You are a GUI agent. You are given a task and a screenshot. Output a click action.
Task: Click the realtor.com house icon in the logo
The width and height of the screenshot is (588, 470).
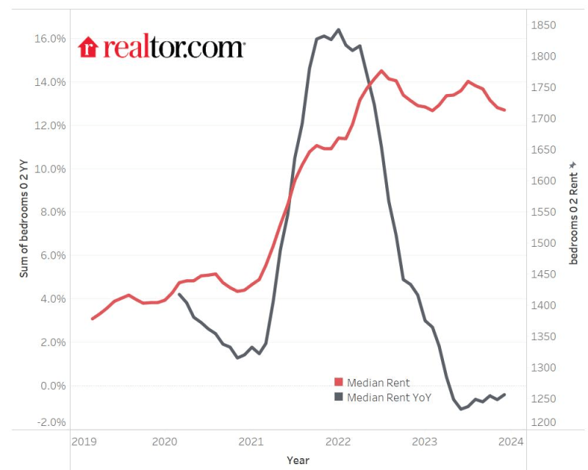[88, 47]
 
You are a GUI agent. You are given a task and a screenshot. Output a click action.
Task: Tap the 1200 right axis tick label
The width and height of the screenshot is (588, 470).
[542, 423]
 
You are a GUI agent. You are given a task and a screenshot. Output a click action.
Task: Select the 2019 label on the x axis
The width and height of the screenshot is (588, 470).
[84, 441]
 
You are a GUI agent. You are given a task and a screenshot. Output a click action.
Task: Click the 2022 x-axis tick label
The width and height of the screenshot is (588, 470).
[338, 441]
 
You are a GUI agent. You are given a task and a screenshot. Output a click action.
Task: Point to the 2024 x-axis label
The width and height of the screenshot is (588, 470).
[510, 441]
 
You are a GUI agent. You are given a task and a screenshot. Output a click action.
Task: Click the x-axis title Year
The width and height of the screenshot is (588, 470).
[298, 460]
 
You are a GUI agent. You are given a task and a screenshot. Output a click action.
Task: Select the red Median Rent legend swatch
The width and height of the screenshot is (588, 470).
[339, 383]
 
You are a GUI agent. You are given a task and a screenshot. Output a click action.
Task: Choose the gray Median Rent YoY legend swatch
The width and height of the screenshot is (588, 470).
[339, 397]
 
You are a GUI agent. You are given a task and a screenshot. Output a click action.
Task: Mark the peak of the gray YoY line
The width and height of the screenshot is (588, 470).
[338, 29]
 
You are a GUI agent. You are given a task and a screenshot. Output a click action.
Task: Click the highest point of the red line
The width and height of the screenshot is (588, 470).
[381, 70]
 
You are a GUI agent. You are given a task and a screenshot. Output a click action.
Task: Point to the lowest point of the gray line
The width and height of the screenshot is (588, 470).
[461, 409]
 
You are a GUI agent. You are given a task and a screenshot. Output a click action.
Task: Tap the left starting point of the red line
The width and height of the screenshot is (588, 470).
[92, 319]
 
